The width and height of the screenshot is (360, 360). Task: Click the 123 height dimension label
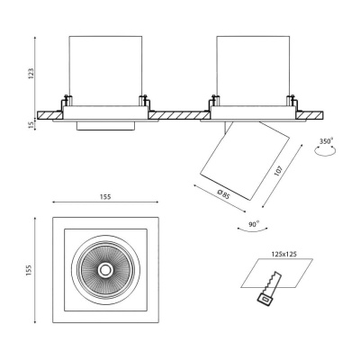click(x=31, y=74)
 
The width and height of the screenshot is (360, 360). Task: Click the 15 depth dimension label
click(x=31, y=125)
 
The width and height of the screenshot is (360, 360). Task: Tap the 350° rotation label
click(x=326, y=141)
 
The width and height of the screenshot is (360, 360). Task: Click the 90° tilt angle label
click(x=254, y=224)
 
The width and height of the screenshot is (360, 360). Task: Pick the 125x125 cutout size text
click(x=283, y=254)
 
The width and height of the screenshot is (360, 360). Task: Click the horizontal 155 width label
click(x=105, y=197)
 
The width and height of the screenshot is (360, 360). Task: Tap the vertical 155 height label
click(x=29, y=271)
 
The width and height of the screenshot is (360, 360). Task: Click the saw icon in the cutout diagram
click(x=269, y=289)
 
